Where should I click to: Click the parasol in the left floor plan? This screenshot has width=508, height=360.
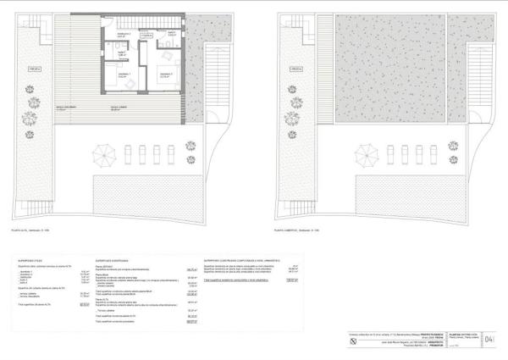point(105,155)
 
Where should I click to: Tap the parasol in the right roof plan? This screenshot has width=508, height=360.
point(366,155)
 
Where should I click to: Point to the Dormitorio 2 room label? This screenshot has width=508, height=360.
point(165,75)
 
